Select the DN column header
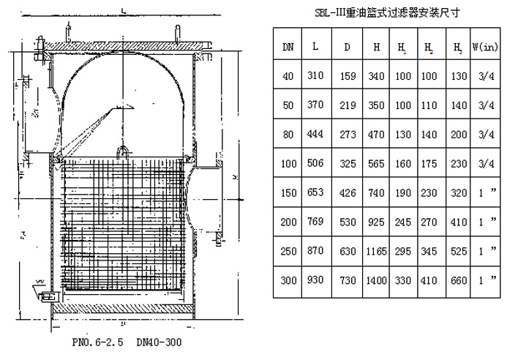pos(288,46)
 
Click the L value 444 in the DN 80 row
pos(315,134)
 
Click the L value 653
pos(315,193)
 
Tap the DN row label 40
pos(288,75)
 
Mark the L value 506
pos(315,164)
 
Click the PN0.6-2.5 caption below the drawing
pos(91,342)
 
